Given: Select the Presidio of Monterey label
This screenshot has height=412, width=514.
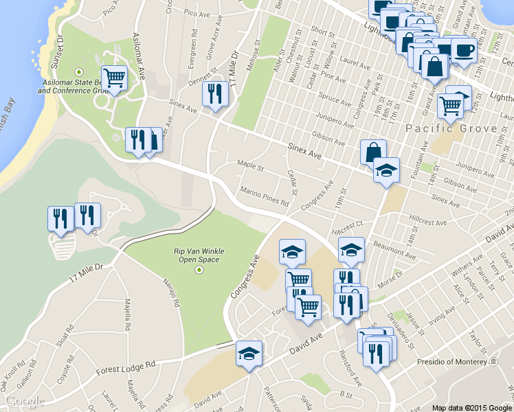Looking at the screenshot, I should (x=450, y=361).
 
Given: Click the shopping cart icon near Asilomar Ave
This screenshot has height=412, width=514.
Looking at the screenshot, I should (x=114, y=78).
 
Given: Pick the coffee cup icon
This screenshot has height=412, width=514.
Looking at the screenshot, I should (x=464, y=51).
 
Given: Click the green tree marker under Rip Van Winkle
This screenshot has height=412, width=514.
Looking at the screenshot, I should (x=199, y=270).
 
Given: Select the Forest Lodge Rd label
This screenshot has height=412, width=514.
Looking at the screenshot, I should (x=126, y=368).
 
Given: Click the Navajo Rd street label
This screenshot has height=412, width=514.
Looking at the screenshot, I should (x=171, y=292).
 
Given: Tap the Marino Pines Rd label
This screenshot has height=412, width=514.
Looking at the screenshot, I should (x=265, y=196).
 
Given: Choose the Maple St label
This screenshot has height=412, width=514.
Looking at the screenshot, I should (x=251, y=166).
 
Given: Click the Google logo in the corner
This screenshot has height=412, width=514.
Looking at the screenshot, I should (x=24, y=401).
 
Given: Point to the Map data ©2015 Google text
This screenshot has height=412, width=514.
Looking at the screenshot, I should (x=472, y=407).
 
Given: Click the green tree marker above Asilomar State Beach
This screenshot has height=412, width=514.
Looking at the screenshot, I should (x=79, y=70).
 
